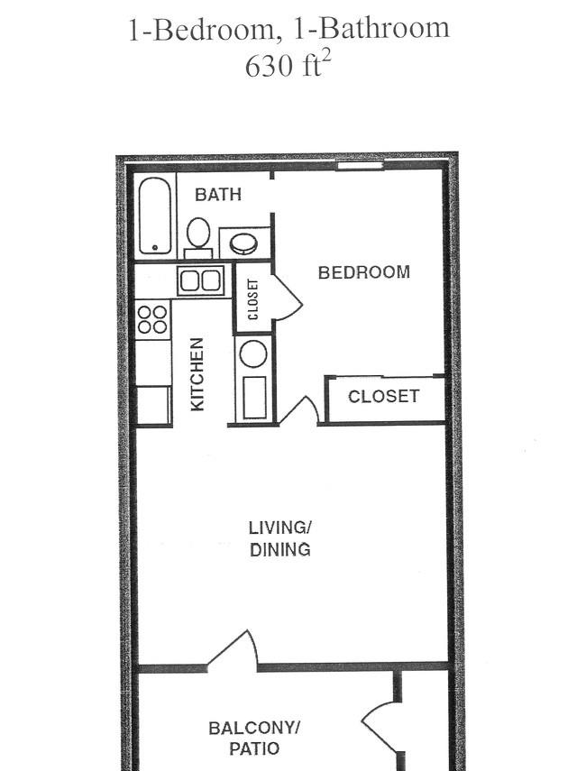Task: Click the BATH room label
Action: [218, 195]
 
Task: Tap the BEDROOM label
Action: [364, 272]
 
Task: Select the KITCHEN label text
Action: [197, 374]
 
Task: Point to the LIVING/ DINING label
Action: [280, 538]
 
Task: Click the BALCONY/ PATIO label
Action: [254, 738]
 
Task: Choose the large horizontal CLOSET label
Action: [383, 396]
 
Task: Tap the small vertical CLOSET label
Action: [253, 299]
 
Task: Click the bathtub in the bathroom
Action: [155, 216]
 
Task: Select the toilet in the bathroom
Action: [198, 238]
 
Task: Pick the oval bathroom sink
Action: [243, 243]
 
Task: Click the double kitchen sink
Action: [200, 280]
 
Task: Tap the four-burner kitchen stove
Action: [153, 319]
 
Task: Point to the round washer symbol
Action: [253, 353]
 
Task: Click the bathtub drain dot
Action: [155, 247]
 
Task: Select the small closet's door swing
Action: [288, 298]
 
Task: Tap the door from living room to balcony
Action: [233, 650]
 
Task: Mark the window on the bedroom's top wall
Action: [360, 166]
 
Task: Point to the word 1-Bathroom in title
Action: [371, 29]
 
